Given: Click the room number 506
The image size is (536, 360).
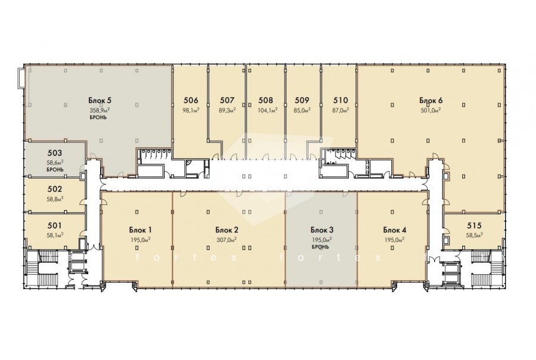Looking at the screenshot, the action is point(191,100).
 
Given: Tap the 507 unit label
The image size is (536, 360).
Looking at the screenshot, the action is point(228,100).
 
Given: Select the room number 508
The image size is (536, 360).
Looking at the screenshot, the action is point(266,100).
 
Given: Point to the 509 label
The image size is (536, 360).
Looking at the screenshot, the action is point(302,100).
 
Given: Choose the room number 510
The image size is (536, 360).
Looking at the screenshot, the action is point(341,100).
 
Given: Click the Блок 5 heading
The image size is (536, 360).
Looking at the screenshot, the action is point(100,100).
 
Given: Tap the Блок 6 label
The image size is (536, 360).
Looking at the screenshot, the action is point(431,100).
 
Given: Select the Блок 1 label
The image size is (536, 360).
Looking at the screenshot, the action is point(141,229).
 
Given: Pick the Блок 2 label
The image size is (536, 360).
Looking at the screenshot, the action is point(227,229).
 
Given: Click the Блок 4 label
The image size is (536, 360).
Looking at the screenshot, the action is point(394,229).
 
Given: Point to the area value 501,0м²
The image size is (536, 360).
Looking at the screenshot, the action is point(431,110).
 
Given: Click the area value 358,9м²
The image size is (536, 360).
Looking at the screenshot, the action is point(100,110).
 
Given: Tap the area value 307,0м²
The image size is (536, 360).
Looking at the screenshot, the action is point(227,239).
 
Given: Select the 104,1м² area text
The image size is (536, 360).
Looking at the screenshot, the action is point(268,110).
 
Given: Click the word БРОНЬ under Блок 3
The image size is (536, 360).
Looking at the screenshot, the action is point(320,247).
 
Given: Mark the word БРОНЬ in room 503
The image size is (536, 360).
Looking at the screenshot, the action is point(55,169).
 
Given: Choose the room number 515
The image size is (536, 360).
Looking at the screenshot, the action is point(474,225).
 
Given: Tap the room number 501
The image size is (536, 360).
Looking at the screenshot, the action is point(55,225).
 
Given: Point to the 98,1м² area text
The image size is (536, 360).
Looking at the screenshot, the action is point(191,110).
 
